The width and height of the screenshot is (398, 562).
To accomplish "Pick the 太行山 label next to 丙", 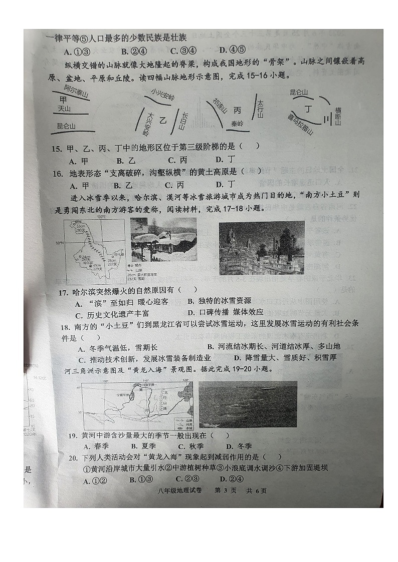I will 260,109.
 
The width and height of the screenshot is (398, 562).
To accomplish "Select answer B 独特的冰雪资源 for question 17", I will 219,301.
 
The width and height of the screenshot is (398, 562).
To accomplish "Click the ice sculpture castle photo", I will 261,248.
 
